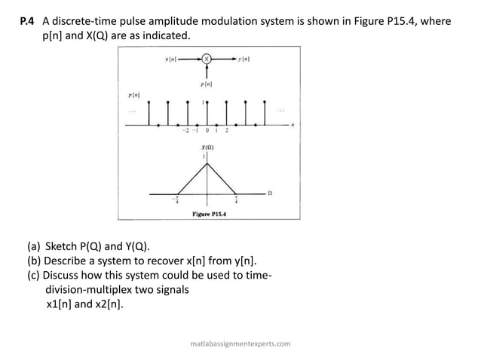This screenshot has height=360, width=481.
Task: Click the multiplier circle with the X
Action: coord(206,58)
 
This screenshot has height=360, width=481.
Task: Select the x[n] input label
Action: coord(171,58)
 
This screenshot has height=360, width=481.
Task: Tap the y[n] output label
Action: coord(244,58)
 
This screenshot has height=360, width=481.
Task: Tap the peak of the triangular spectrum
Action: coord(207,161)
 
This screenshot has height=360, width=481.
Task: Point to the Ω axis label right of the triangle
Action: coord(270,194)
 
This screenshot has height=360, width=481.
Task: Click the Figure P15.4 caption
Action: coord(209,214)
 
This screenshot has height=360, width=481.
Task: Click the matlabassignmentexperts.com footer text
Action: coord(240,343)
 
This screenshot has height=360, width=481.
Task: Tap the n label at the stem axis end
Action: coord(292,127)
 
